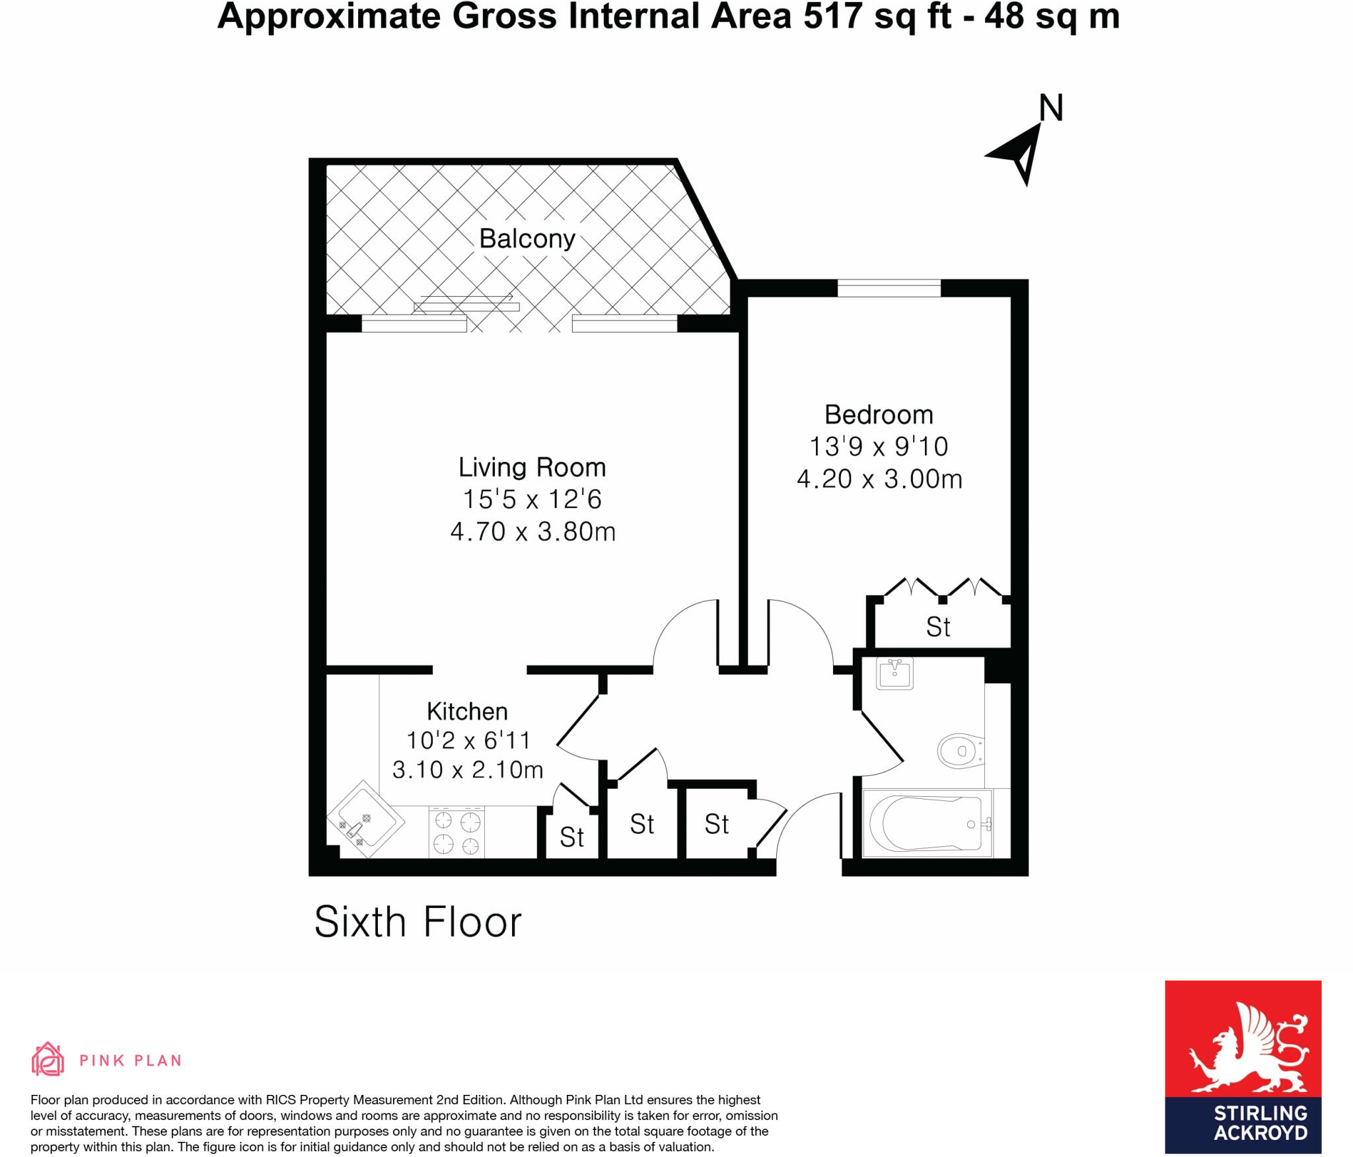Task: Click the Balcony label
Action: click(527, 239)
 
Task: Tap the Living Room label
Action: click(532, 467)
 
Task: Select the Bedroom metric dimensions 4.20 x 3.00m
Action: click(879, 479)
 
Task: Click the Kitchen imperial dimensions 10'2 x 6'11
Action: click(468, 740)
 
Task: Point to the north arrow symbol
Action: click(1017, 155)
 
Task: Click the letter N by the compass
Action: click(1051, 108)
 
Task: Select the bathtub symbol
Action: click(927, 824)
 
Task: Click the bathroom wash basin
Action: click(895, 673)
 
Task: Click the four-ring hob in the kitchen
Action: click(457, 833)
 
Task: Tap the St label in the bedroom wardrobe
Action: click(938, 627)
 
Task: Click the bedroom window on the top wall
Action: click(889, 289)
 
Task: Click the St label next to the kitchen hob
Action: click(571, 837)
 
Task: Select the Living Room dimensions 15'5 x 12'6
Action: click(532, 500)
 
